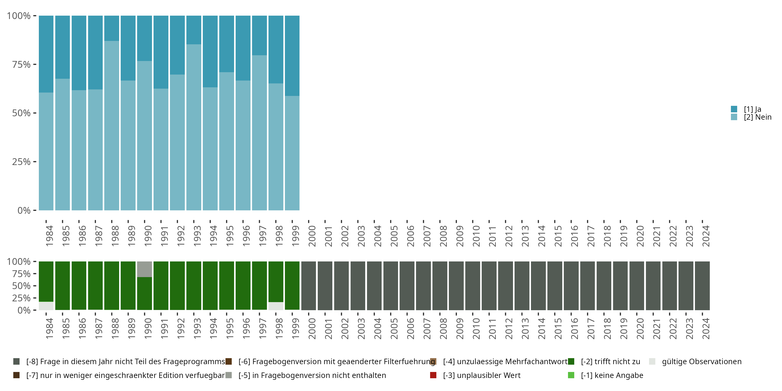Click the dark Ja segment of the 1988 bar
(x=112, y=28)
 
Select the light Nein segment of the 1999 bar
(x=292, y=153)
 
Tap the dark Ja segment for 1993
(x=194, y=30)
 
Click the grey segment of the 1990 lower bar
(x=144, y=269)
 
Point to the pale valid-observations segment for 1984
(x=46, y=306)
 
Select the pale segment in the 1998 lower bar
(x=276, y=306)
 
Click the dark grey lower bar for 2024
(x=702, y=285)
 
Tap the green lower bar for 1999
(x=292, y=285)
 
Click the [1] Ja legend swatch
(x=734, y=109)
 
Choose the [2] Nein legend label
(x=757, y=117)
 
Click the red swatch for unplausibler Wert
(x=433, y=375)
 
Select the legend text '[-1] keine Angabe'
(x=612, y=375)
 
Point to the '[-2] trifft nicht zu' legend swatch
(x=571, y=362)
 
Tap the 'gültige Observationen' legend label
(x=701, y=362)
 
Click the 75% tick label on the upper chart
(x=21, y=64)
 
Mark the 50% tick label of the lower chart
(x=21, y=286)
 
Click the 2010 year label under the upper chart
(x=476, y=236)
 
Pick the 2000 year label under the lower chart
(x=312, y=328)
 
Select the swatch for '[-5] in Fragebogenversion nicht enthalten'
(x=229, y=375)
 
